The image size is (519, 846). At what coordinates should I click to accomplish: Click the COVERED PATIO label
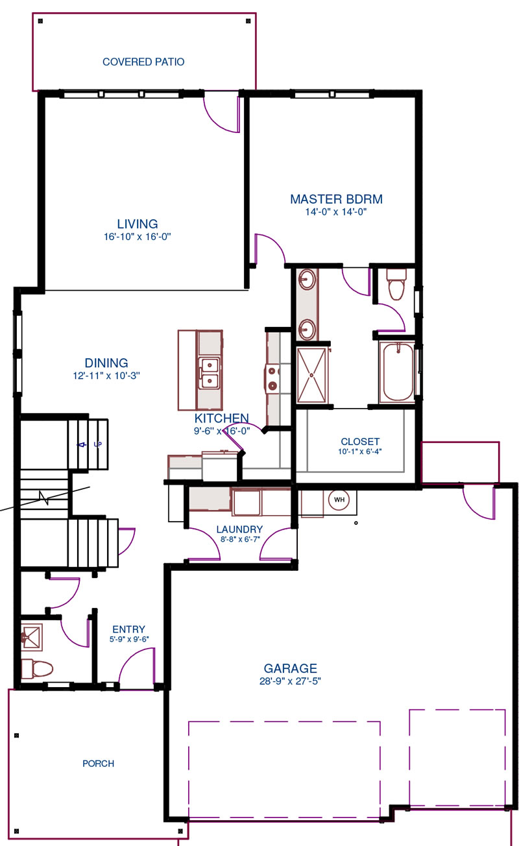pos(143,62)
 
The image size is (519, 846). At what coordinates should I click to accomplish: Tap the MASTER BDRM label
pos(336,199)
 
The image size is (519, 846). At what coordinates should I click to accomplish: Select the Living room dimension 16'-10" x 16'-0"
pos(138,237)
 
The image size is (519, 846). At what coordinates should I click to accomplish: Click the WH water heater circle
pos(339,500)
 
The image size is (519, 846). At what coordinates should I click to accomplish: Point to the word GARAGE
pos(290,668)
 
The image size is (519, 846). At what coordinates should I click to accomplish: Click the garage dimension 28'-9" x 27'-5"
pos(290,681)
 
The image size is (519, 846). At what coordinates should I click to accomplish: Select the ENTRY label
pos(129,629)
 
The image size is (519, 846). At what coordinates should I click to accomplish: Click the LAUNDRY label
pos(239,529)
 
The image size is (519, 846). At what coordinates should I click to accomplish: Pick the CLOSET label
pos(360,442)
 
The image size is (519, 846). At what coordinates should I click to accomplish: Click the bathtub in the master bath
pos(398,372)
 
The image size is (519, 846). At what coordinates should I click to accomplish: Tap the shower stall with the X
pos(311,375)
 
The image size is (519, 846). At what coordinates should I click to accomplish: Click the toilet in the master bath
pos(396,284)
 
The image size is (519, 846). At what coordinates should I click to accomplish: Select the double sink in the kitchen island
pos(210,373)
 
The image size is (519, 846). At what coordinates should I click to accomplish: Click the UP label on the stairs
pos(97,444)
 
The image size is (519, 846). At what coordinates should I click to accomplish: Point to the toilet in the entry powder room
pos(37,668)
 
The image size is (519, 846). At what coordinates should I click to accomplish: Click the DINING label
pos(106,363)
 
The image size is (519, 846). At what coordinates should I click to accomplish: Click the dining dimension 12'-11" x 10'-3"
pos(106,376)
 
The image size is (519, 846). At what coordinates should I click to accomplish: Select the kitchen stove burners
pos(272,378)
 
